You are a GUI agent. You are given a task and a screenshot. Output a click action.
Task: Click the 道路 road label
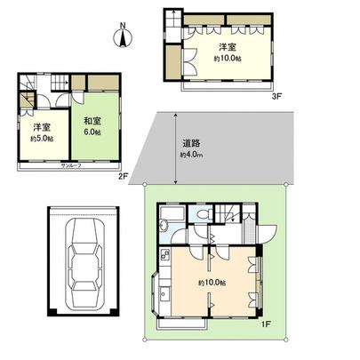(x=190, y=142)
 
